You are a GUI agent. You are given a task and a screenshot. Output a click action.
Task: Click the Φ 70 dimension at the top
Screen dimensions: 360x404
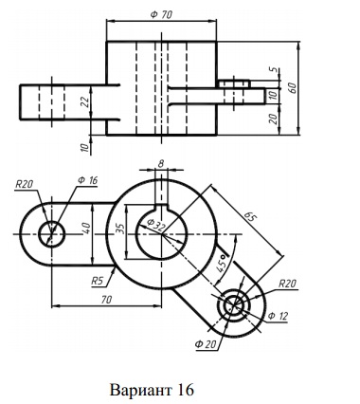coord(161,14)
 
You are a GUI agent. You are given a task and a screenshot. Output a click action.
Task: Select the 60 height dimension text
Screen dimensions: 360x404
coord(292,87)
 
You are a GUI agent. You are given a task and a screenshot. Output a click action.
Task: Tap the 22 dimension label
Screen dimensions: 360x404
coord(84,101)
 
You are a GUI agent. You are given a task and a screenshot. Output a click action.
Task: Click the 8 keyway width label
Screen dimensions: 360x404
coord(161,163)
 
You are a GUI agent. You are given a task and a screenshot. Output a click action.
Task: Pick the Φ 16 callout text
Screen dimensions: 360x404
coord(87,180)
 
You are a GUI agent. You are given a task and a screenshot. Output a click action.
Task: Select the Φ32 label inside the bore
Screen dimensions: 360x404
coord(155,225)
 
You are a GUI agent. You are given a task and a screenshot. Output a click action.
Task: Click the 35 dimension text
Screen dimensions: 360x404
coord(120,229)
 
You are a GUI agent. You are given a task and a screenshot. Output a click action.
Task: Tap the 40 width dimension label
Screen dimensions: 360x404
coord(86,229)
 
